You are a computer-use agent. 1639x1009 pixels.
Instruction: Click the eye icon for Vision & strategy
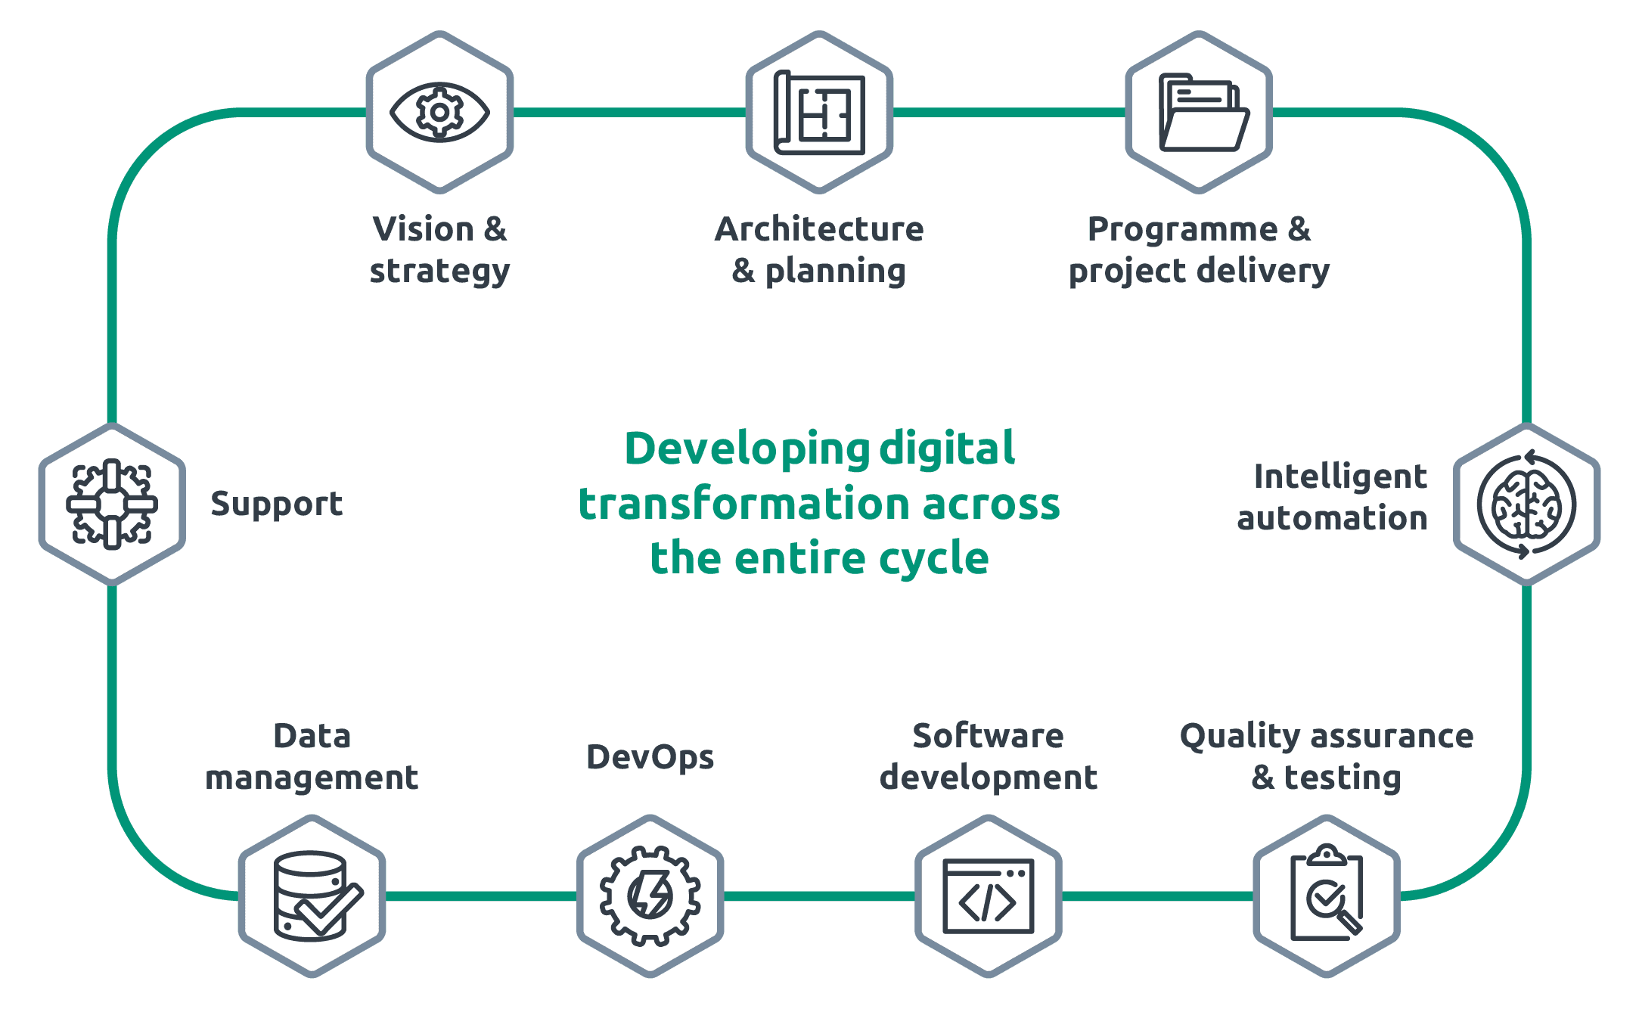(439, 112)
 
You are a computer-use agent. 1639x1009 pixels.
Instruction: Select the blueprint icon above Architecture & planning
(819, 112)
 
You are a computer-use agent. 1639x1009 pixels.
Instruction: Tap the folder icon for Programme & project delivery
(1204, 112)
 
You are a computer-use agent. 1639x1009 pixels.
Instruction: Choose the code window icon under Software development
(988, 896)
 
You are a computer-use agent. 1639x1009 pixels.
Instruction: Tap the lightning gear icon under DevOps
(650, 896)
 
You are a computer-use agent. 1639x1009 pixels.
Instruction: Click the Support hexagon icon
(112, 504)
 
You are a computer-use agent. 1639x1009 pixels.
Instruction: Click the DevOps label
(650, 757)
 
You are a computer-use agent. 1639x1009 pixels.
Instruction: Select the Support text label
(277, 504)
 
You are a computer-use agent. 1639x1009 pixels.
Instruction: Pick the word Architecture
(819, 228)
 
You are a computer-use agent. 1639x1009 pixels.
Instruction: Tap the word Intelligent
(1340, 477)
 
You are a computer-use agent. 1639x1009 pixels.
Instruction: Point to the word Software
(988, 735)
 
